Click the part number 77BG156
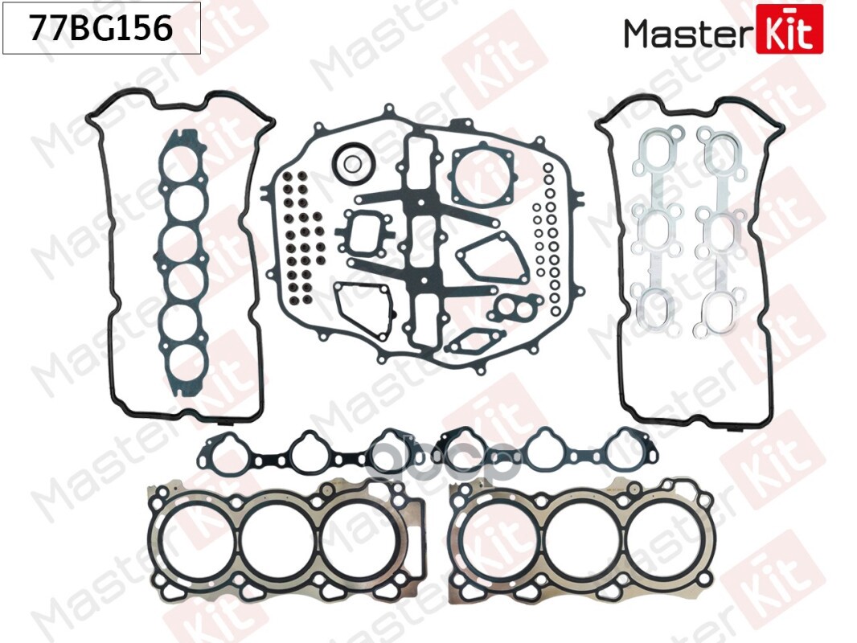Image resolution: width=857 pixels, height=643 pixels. point(100,29)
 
